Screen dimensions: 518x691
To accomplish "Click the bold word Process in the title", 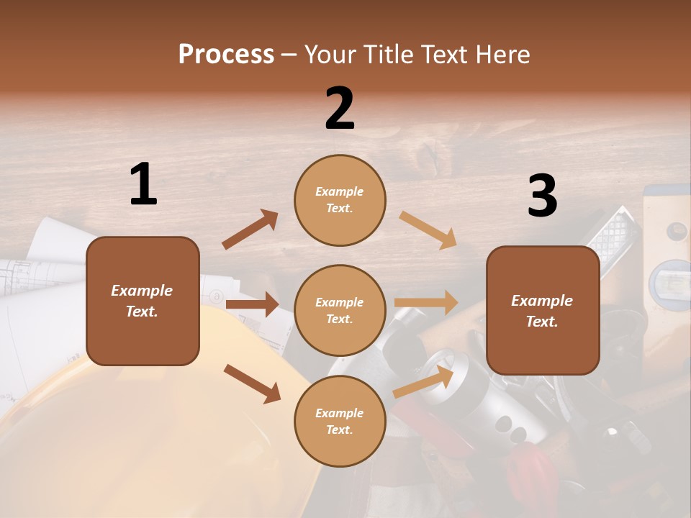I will (x=226, y=54).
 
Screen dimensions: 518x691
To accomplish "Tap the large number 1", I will (x=143, y=185).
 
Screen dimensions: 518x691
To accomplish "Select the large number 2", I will (x=340, y=109).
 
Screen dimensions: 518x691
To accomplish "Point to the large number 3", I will (x=542, y=196).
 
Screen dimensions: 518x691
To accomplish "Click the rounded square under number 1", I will (x=143, y=301).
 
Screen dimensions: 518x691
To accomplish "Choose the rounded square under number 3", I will (x=543, y=310).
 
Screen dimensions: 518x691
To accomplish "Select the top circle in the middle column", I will (x=340, y=200).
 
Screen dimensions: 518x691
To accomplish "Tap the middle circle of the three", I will (x=340, y=310).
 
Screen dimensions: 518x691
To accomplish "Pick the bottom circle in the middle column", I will (x=340, y=421).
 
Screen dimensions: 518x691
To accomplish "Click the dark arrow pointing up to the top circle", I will (x=250, y=230).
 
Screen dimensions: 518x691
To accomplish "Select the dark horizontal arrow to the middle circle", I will (x=251, y=304).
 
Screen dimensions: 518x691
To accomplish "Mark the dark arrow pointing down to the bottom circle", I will (x=252, y=383).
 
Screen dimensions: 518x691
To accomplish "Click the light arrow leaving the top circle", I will (x=428, y=230).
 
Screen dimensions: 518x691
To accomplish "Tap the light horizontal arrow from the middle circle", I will (x=425, y=303).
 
